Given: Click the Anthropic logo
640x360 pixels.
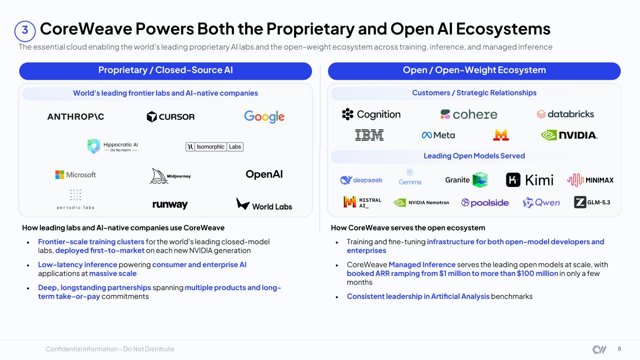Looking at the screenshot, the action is click(75, 117).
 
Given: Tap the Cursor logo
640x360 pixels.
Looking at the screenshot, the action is click(171, 117).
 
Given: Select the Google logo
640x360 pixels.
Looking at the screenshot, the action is click(264, 117).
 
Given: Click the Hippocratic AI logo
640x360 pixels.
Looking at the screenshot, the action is click(113, 146).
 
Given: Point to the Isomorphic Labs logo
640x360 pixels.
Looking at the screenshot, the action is click(215, 147).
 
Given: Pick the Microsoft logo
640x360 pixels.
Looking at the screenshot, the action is click(75, 174).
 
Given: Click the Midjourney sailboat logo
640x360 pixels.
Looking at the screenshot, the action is click(170, 176).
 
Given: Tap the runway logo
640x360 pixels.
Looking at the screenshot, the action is click(170, 204).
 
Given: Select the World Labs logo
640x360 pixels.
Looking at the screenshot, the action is click(264, 204).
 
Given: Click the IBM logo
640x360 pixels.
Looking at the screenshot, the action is click(369, 135).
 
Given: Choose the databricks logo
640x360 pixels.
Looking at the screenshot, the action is click(565, 114).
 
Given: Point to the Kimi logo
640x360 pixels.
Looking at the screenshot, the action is click(530, 180).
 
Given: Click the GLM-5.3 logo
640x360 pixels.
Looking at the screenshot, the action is click(592, 202).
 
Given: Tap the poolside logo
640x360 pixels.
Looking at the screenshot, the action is click(485, 202).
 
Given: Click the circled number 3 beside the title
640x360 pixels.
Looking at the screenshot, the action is click(25, 31).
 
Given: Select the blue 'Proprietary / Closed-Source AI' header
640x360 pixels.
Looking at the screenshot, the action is click(166, 71).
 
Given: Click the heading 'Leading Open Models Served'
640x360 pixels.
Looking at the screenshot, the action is click(474, 156).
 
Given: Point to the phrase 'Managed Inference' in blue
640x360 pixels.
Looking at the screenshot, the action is click(422, 265).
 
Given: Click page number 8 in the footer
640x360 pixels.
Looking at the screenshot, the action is click(619, 349).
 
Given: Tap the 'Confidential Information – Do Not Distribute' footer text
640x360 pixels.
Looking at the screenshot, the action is click(110, 349).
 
